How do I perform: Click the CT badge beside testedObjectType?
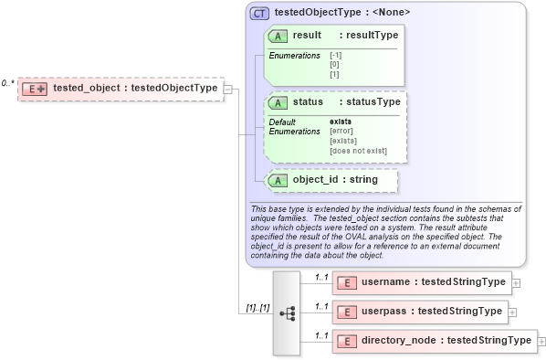point(260,13)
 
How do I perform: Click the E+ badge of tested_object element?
point(36,89)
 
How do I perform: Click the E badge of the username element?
point(347,283)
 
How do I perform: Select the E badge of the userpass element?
point(347,312)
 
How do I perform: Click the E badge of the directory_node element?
point(347,341)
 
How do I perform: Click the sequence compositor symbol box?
point(286,312)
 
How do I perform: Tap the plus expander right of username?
point(517,283)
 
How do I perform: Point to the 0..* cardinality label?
point(8,83)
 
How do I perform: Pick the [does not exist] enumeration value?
point(358,151)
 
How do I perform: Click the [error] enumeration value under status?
point(343,132)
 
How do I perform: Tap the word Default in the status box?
point(282,122)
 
